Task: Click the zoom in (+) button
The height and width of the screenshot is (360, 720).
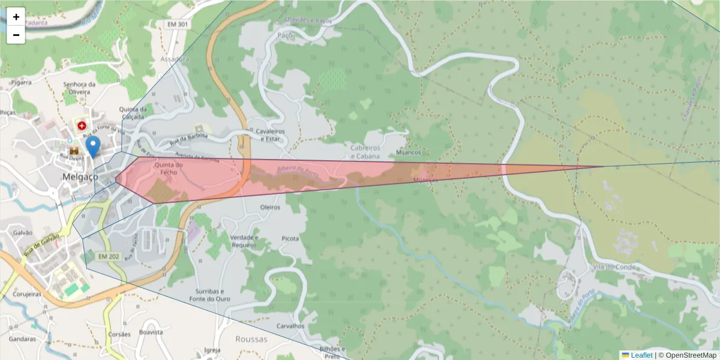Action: [x=16, y=17]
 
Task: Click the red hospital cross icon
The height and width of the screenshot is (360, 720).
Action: [x=81, y=126]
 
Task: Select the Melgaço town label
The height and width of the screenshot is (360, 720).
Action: [x=80, y=177]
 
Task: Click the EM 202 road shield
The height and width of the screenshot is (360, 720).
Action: [x=109, y=257]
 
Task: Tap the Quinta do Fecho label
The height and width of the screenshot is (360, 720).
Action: [x=168, y=168]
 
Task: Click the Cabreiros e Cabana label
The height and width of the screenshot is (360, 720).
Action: [x=365, y=152]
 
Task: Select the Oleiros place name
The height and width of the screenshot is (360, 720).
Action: [x=271, y=207]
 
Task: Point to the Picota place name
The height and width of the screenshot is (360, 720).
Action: [x=290, y=238]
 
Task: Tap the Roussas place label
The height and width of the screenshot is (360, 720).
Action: [x=251, y=339]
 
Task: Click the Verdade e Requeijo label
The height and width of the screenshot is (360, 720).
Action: [x=244, y=241]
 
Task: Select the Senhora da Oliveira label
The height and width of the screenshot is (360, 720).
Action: [x=80, y=88]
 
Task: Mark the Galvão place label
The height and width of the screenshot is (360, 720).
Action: [x=22, y=233]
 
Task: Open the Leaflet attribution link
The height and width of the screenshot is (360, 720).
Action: [x=641, y=355]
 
